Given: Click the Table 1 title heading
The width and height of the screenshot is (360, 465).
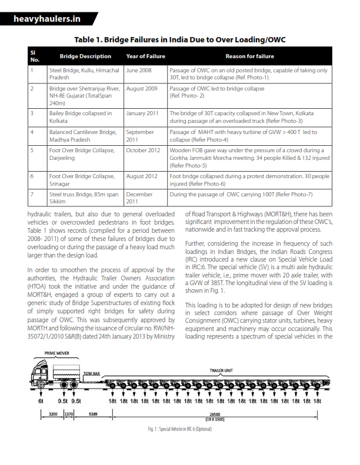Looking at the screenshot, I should click(x=179, y=39).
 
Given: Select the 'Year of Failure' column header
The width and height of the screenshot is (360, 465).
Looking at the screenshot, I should click(x=144, y=56).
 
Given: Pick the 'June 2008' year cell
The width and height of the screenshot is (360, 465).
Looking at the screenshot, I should click(x=139, y=69).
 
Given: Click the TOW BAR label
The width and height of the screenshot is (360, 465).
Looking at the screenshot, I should click(x=91, y=373).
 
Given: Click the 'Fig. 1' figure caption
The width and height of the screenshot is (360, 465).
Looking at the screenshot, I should click(x=179, y=429).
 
